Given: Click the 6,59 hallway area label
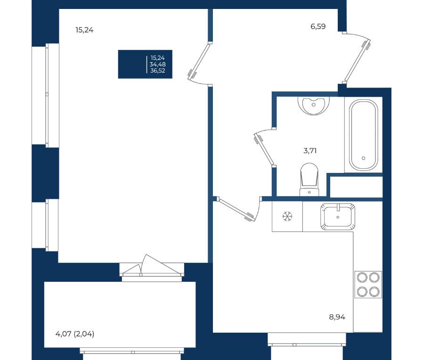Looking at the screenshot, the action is (x=318, y=26).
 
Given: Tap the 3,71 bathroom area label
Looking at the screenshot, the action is (x=310, y=151).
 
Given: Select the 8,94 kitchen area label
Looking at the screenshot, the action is (x=337, y=317).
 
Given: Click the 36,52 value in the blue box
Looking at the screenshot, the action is (x=157, y=71).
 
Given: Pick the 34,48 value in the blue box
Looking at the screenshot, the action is (x=157, y=64).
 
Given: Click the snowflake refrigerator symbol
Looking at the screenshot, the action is (x=287, y=216).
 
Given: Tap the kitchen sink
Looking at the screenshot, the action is (x=338, y=216).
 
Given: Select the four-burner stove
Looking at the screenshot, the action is (x=368, y=285).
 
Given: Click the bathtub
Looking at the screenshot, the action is (x=363, y=135).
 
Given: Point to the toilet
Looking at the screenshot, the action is (x=309, y=179).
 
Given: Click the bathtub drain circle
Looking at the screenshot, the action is (x=363, y=158).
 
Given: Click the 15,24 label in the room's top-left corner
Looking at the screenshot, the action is (x=84, y=30).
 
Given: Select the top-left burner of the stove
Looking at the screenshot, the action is (x=362, y=278).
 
